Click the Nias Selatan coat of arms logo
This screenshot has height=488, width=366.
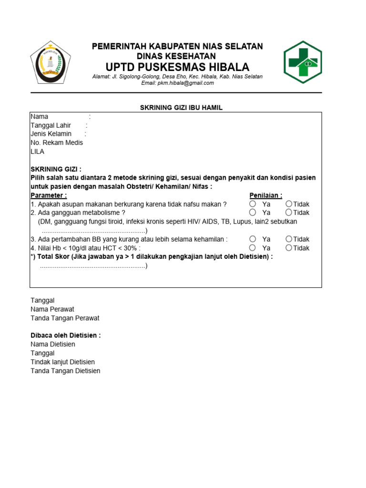(x=50, y=62)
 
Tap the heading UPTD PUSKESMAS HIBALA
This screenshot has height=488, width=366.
(x=177, y=67)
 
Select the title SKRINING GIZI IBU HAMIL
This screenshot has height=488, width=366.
(x=181, y=108)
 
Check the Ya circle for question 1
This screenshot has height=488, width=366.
(x=253, y=204)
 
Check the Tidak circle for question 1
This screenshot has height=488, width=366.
(x=289, y=204)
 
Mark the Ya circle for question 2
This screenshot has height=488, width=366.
(x=253, y=213)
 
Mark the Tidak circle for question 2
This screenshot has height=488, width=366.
(x=289, y=213)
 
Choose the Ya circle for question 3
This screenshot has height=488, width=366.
(x=253, y=239)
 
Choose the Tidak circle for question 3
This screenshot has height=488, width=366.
(x=289, y=239)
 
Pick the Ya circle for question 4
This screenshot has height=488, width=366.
(x=253, y=248)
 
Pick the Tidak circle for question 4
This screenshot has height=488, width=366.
(x=289, y=248)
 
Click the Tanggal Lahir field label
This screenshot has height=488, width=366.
(x=51, y=125)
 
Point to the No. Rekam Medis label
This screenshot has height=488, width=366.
(x=57, y=142)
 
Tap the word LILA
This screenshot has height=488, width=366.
(x=37, y=152)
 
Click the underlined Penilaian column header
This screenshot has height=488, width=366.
(x=265, y=195)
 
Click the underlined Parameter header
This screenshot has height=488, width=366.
(x=49, y=195)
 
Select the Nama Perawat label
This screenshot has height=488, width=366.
(x=52, y=309)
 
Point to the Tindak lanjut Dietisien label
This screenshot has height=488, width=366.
(x=62, y=362)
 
